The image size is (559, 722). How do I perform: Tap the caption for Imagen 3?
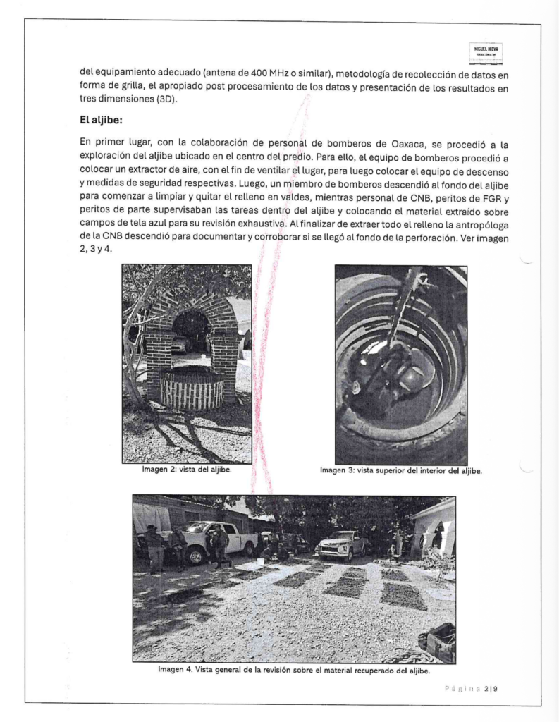tap(400, 470)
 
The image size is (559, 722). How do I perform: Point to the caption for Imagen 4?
tap(294, 670)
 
